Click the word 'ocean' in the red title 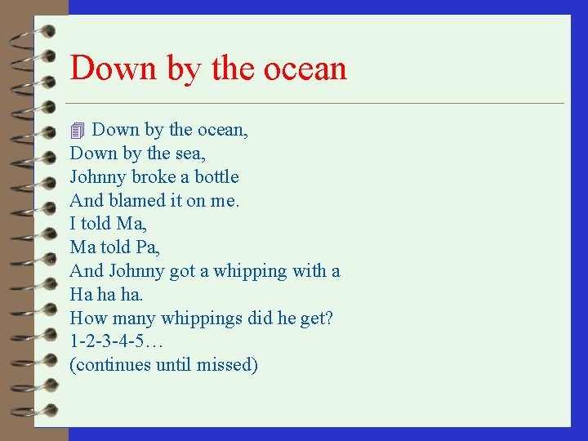pos(305,68)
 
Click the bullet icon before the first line pos(78,131)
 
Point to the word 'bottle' pos(216,177)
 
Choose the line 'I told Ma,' pos(109,224)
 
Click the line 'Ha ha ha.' pos(107,294)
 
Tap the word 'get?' pos(317,318)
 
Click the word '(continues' pos(111,365)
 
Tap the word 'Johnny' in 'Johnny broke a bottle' pos(97,177)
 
